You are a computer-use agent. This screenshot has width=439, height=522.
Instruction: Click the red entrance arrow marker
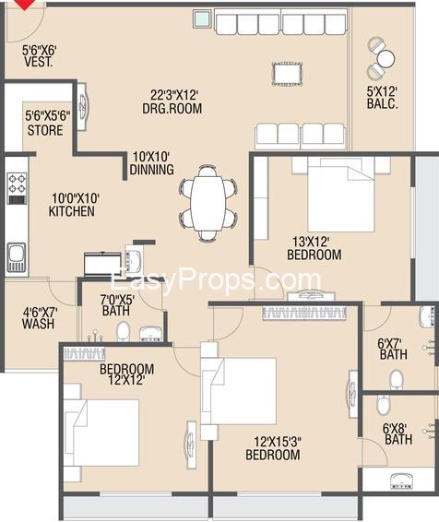click(x=25, y=4)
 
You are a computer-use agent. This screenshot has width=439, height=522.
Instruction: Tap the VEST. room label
click(x=39, y=62)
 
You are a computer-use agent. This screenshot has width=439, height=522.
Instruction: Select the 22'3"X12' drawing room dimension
click(x=174, y=95)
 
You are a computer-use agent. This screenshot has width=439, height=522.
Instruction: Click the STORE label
click(x=45, y=130)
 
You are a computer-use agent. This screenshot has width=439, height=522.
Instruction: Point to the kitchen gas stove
click(x=17, y=188)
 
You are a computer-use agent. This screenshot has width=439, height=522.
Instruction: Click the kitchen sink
click(x=17, y=257)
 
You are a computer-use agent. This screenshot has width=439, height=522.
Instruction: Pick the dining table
click(x=208, y=203)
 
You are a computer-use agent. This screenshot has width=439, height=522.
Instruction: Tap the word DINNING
click(x=152, y=170)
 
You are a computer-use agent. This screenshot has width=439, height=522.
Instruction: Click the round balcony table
click(x=386, y=59)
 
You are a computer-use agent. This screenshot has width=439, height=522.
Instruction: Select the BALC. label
click(x=383, y=103)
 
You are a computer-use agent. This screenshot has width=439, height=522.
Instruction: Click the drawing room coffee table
click(x=287, y=74)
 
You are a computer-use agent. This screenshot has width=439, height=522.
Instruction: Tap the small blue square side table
click(x=202, y=18)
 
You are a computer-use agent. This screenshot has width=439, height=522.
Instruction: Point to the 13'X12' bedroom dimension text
click(x=311, y=241)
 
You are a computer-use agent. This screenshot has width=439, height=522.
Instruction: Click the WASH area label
click(x=39, y=324)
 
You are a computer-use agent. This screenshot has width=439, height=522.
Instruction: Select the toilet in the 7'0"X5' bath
click(x=124, y=331)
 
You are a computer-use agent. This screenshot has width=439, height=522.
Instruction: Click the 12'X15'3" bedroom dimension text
click(x=278, y=442)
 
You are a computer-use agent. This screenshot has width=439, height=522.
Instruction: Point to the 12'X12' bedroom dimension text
click(x=126, y=380)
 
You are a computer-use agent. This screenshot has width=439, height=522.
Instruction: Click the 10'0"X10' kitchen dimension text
click(x=76, y=198)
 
